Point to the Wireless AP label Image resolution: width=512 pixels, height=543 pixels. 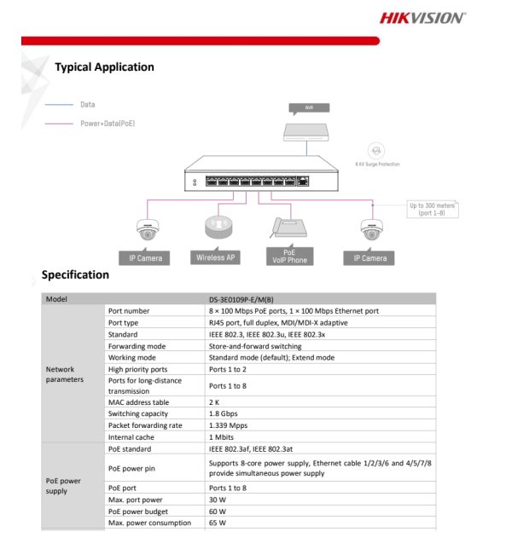coord(218,257)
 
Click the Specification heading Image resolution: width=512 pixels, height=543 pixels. coord(76,275)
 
